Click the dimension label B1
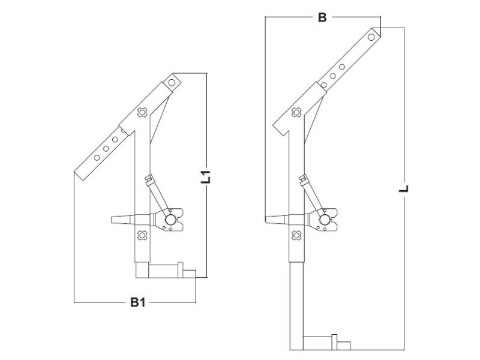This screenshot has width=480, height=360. coord(138,302)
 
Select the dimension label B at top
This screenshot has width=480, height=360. coord(322,17)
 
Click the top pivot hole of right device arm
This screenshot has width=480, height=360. coord(372,37)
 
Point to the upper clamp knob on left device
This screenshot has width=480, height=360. coord(142,112)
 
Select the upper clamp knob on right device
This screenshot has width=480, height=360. coord(295,112)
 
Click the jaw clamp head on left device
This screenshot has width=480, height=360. coord(172,220)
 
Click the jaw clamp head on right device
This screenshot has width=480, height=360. coord(325,220)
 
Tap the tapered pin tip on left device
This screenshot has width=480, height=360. coord(119,220)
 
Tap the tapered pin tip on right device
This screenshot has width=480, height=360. coord(272,220)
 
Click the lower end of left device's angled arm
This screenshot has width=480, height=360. coord(81,173)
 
